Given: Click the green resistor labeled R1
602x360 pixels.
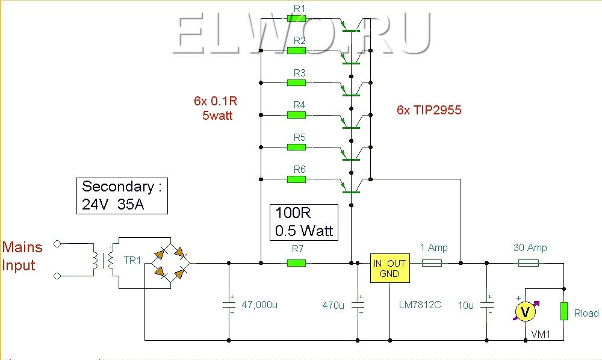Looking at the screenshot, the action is (x=296, y=18).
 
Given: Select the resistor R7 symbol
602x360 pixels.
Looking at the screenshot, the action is (x=296, y=263).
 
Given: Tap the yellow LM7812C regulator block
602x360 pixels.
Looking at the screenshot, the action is (x=389, y=268).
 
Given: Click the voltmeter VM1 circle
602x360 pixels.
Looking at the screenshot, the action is (x=525, y=311).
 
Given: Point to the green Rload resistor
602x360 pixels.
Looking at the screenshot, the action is (x=563, y=311).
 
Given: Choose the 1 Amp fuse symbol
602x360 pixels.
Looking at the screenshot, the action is (x=432, y=263).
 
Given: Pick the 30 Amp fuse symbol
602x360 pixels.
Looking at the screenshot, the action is (x=529, y=263).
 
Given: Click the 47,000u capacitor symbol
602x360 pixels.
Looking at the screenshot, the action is (x=229, y=305).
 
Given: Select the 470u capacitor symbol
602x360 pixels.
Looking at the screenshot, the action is (x=358, y=305).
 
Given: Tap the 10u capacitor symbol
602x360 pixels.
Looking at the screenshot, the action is (x=487, y=305).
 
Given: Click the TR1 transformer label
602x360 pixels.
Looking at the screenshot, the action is (x=132, y=260).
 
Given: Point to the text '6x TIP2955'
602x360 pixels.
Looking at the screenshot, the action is (x=429, y=110).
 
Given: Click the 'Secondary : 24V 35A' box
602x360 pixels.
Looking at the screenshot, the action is (x=122, y=196).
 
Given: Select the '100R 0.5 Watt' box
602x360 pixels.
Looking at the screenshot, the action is (x=304, y=222).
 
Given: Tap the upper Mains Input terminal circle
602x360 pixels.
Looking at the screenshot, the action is (x=57, y=243).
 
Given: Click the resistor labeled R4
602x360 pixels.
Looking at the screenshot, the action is (x=296, y=115).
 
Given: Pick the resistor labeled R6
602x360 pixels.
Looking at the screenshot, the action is (x=296, y=179).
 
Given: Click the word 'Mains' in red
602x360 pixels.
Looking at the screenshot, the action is (x=22, y=247).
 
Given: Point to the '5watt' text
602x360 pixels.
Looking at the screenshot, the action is (x=217, y=116).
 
